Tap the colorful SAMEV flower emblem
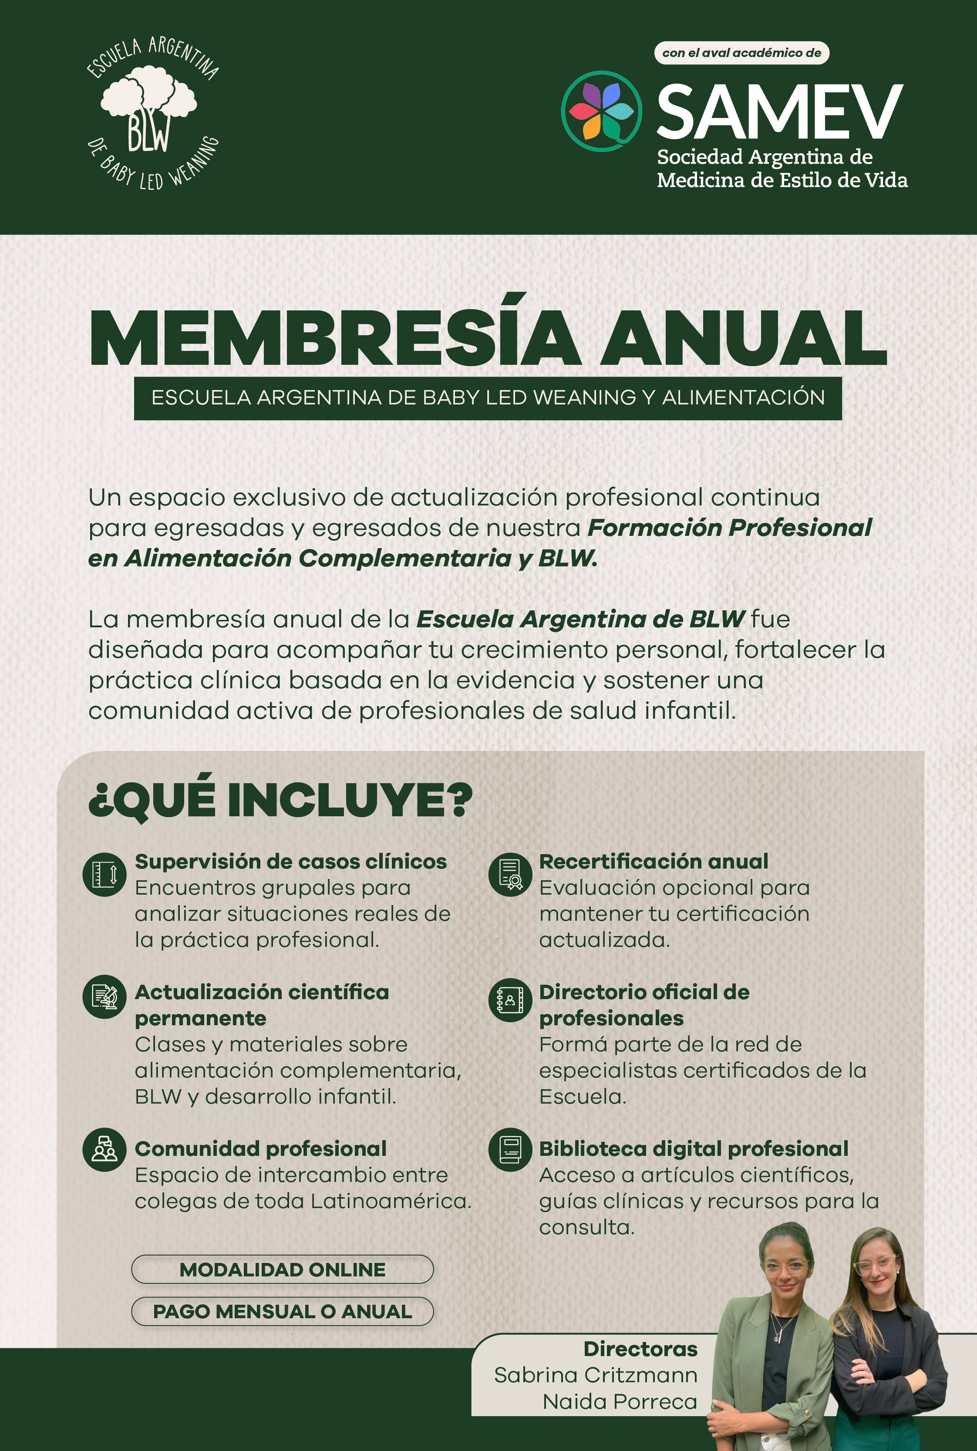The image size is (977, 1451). point(601,111)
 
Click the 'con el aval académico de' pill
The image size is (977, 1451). point(741,53)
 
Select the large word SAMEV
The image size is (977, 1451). point(779,112)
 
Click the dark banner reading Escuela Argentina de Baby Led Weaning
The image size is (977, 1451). point(488,397)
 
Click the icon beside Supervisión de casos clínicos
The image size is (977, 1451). point(104,874)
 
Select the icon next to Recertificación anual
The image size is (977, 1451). point(510,874)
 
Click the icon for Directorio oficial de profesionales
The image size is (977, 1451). point(510,1000)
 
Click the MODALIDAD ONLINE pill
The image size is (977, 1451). point(282,1269)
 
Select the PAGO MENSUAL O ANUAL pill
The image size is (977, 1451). point(282,1311)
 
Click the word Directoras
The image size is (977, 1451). point(640,1349)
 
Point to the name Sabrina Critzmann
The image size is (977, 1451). point(596,1375)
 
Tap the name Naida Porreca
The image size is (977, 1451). point(620,1401)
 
